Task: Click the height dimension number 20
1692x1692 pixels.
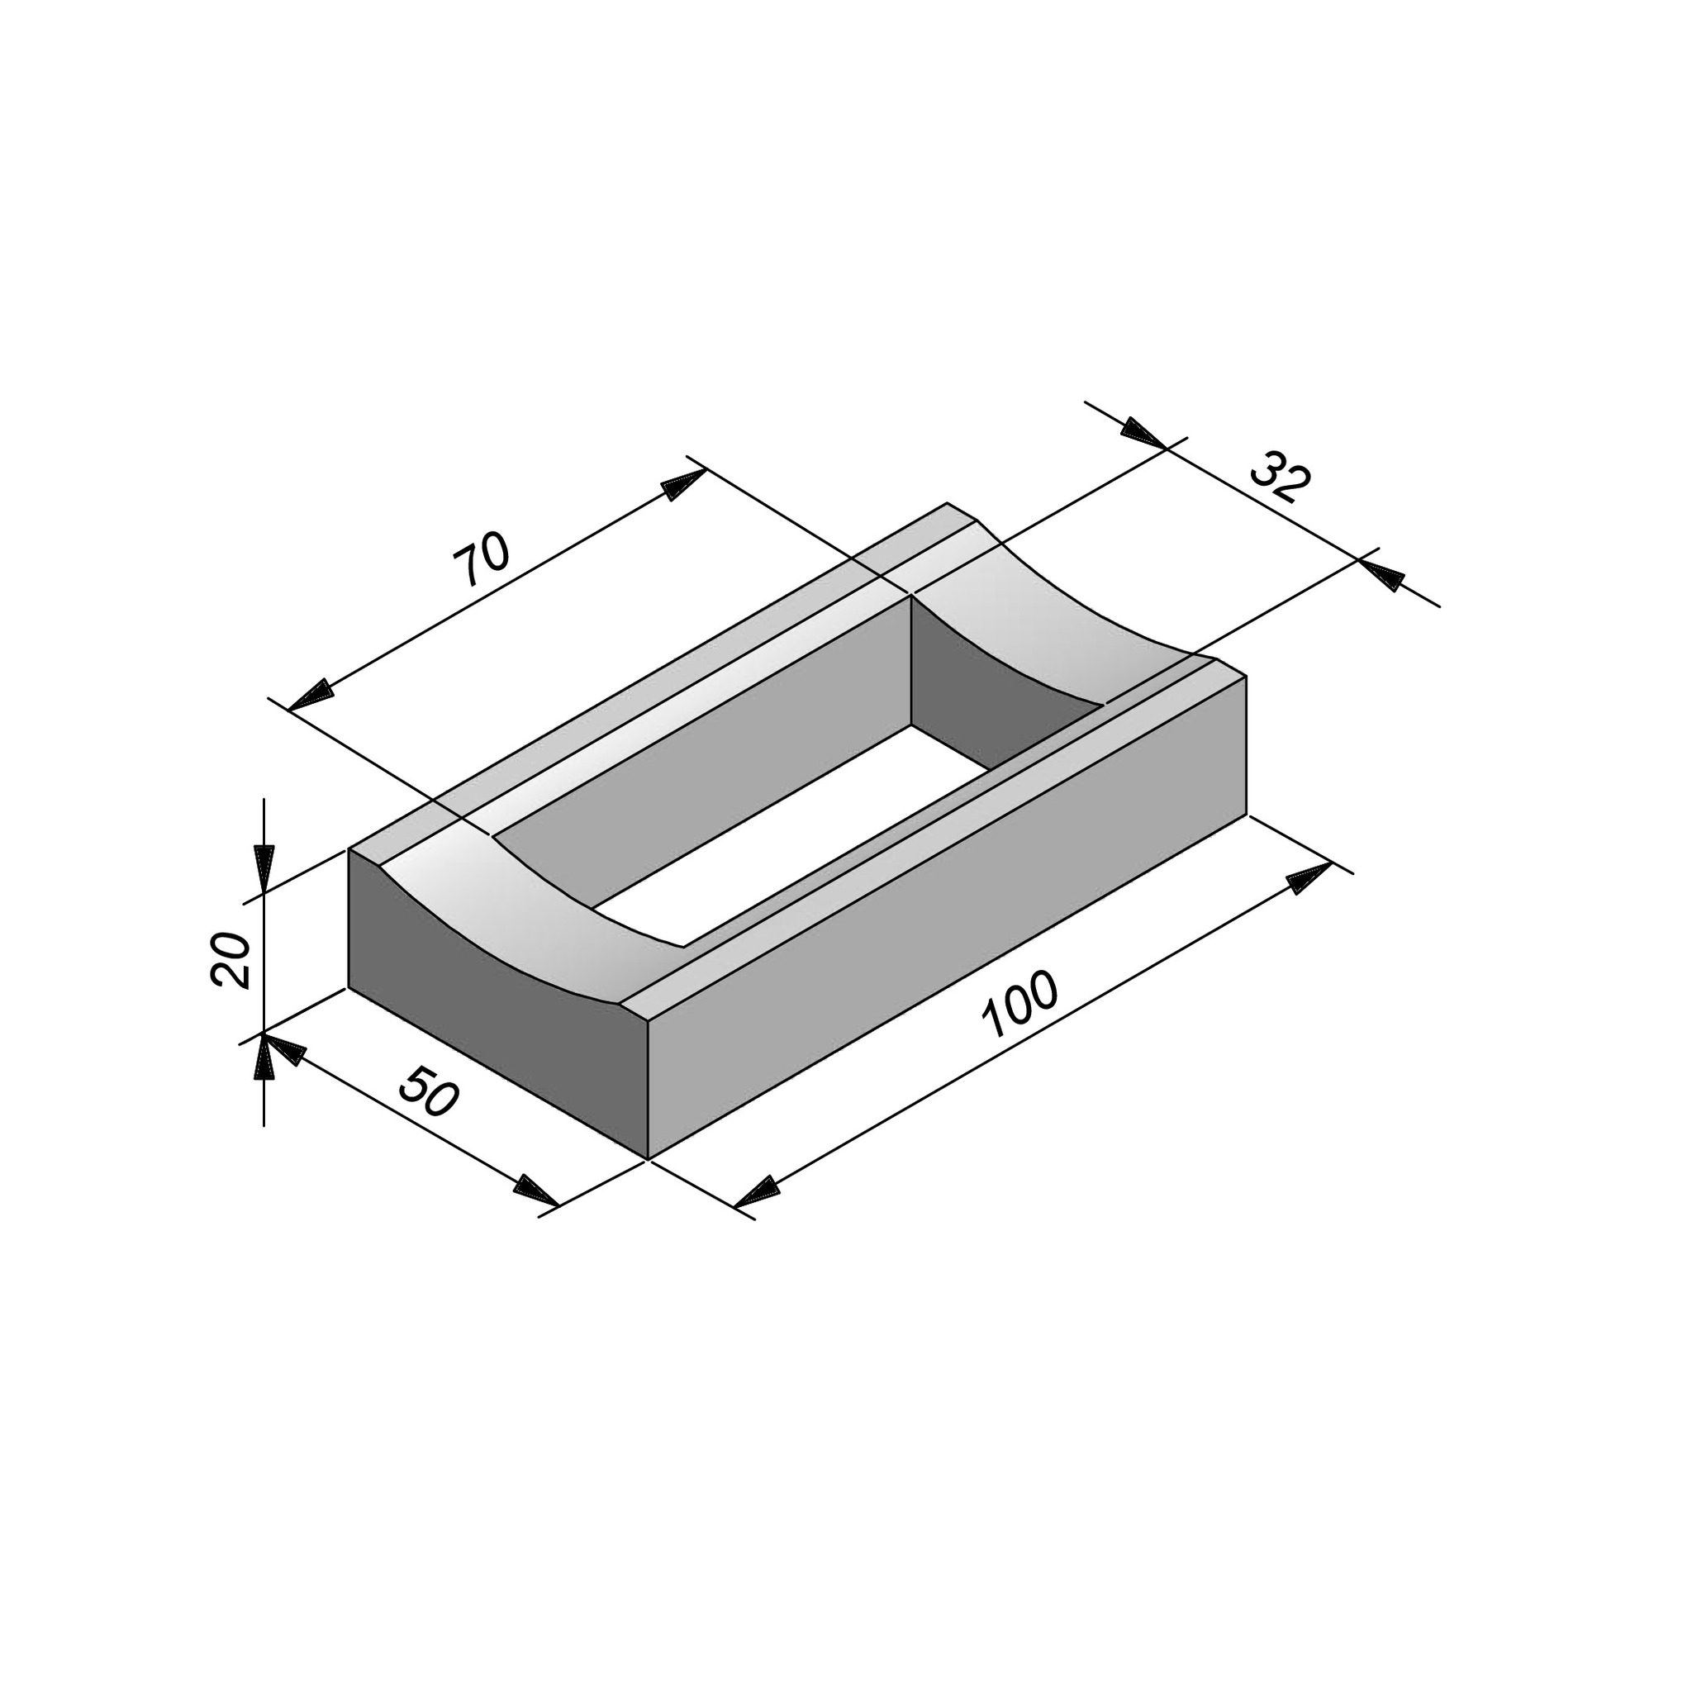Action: click(231, 960)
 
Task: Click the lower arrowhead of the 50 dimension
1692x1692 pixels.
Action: click(536, 1191)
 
